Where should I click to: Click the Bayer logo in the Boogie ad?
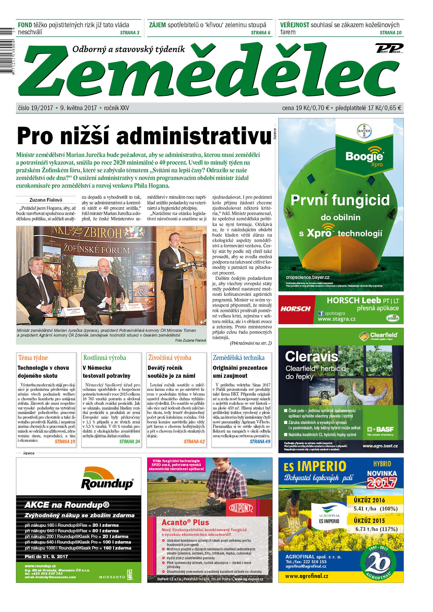tap(364, 131)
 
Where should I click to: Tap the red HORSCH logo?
tap(296, 309)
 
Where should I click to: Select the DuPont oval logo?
tap(241, 508)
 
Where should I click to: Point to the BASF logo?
tap(380, 429)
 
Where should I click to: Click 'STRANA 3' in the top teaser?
tap(129, 33)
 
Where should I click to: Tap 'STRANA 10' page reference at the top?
tap(390, 33)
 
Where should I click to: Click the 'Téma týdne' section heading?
tap(33, 358)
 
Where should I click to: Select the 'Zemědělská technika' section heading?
tap(238, 358)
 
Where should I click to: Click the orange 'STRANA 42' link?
tap(194, 441)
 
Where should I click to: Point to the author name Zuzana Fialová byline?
tap(46, 200)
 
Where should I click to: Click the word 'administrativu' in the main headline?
tap(194, 136)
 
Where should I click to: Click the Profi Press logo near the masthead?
tap(389, 48)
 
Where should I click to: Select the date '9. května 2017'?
tap(78, 108)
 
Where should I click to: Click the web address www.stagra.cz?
tap(336, 319)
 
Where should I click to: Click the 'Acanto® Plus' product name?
tap(185, 522)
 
